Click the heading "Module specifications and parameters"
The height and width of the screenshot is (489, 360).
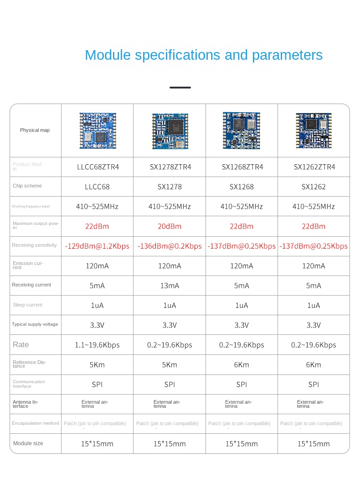point(204,55)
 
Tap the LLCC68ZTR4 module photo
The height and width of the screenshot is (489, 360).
point(98,130)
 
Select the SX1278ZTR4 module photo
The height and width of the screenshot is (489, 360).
point(170,131)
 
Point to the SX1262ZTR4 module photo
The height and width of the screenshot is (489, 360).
point(314,130)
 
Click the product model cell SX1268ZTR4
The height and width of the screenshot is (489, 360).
point(242,167)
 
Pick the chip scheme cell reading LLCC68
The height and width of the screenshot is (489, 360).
point(97,187)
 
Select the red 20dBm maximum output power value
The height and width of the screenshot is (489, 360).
point(170,226)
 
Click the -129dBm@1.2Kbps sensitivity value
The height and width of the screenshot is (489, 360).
point(97,246)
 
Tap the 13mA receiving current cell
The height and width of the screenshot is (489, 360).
point(170,286)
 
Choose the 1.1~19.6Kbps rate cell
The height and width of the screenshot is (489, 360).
point(97,345)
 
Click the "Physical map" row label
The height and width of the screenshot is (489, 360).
point(35,130)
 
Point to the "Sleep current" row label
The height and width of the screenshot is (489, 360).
point(27,305)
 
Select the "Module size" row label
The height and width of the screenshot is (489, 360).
point(28,443)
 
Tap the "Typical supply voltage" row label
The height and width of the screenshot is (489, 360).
point(35,324)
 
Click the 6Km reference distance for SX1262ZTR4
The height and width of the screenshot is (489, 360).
point(314,364)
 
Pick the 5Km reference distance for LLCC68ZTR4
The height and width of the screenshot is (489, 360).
point(97,364)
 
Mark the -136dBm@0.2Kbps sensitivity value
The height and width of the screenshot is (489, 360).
point(170,246)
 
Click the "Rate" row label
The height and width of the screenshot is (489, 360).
point(21,345)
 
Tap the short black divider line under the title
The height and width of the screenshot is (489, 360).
point(180,87)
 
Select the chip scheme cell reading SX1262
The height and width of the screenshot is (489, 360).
point(314,187)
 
